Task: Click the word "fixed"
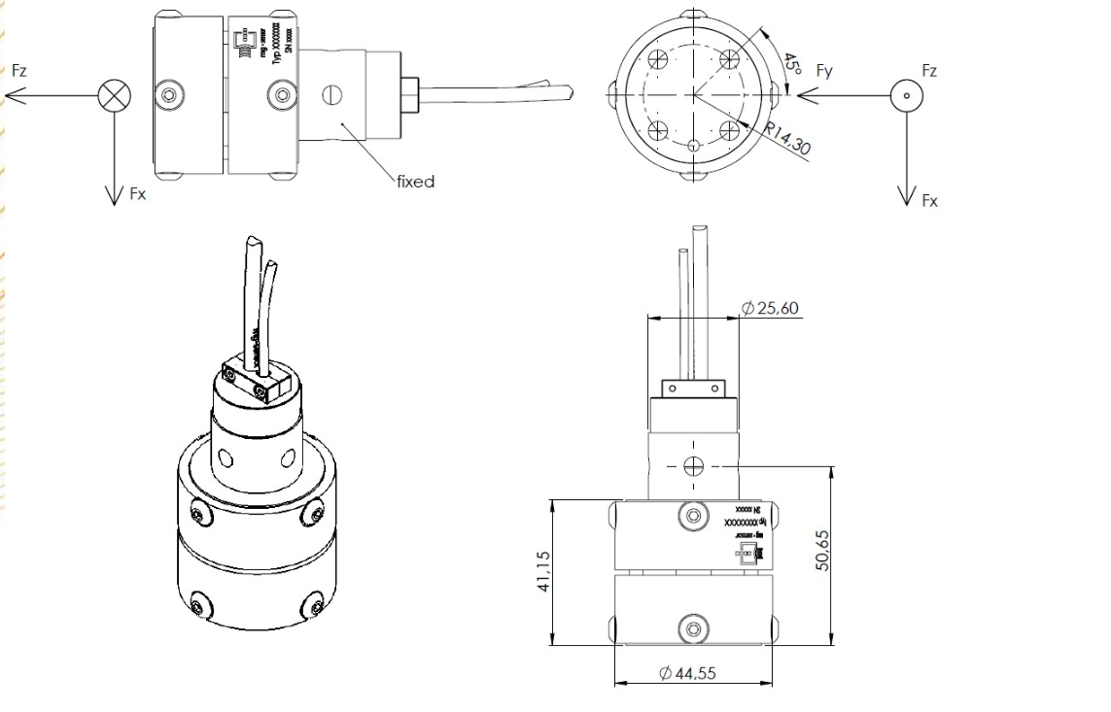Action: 415,182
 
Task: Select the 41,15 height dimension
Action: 542,571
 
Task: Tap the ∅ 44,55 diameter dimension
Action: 687,672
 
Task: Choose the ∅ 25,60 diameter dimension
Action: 770,308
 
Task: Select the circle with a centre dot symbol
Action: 906,96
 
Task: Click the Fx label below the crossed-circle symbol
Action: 137,193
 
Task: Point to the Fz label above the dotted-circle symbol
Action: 929,71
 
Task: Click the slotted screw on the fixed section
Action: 332,95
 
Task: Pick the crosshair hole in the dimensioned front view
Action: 692,465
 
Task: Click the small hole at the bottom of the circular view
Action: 692,146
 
